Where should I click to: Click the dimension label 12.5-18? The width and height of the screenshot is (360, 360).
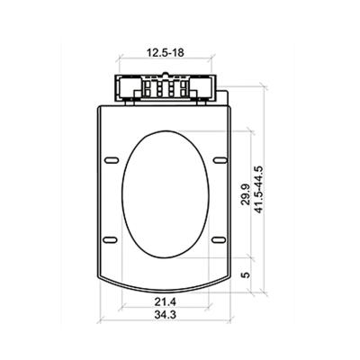click(165, 53)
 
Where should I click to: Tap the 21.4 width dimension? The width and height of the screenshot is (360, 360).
click(165, 301)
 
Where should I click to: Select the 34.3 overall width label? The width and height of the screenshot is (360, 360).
click(165, 315)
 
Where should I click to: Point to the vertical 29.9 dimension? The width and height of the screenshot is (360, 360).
click(245, 194)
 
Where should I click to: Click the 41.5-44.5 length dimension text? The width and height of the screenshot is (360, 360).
click(258, 190)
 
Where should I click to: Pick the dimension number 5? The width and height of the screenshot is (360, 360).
click(246, 274)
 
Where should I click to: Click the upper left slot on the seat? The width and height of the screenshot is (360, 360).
click(112, 160)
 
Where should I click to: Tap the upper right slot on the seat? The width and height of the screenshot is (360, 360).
click(220, 160)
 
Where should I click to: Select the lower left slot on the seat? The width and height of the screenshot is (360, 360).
click(110, 239)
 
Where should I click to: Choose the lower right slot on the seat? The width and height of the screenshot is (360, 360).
click(219, 239)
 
